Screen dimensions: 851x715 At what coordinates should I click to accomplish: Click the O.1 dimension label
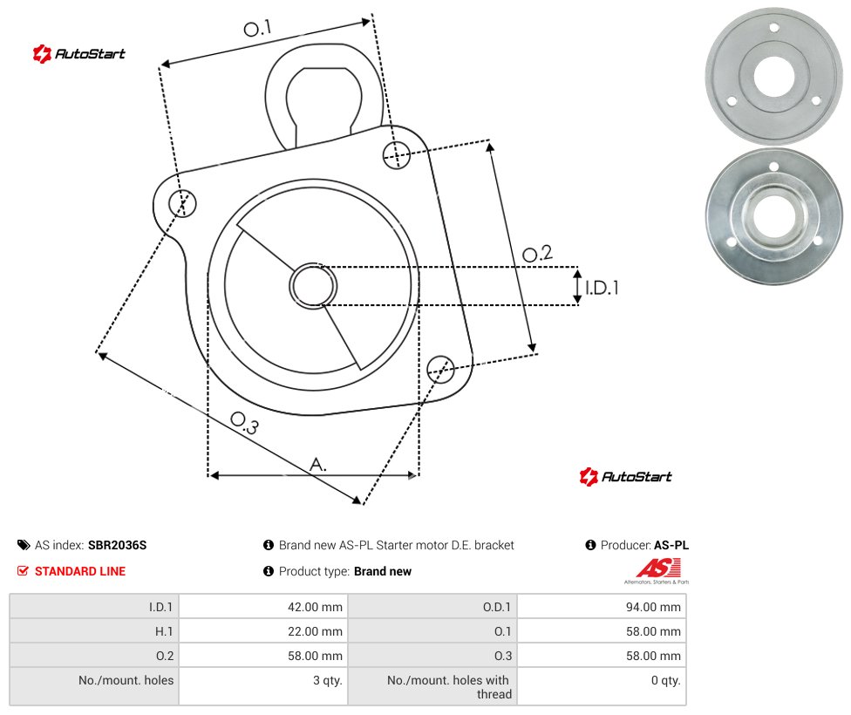click(x=257, y=28)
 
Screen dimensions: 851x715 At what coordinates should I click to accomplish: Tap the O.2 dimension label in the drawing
click(x=537, y=254)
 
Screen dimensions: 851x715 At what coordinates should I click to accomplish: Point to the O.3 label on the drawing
click(x=245, y=424)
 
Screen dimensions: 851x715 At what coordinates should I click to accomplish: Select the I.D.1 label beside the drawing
click(x=602, y=287)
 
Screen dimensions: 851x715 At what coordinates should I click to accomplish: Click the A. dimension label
click(x=318, y=465)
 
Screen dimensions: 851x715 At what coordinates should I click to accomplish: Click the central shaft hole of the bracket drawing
click(x=313, y=286)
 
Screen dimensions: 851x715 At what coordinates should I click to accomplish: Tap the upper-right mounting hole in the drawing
click(x=397, y=154)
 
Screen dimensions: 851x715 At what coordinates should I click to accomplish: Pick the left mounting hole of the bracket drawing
click(x=182, y=203)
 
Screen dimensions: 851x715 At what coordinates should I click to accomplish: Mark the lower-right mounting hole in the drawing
click(x=440, y=369)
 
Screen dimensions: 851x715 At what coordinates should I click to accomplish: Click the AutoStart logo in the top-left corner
click(x=79, y=54)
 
